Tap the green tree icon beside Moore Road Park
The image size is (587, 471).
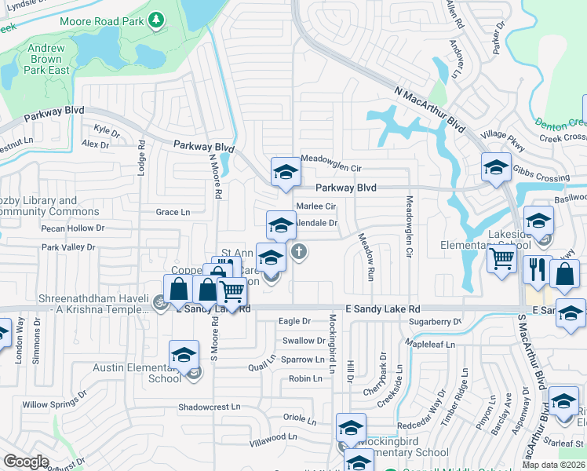[x=156, y=19]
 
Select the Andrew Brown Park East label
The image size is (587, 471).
[x=47, y=59]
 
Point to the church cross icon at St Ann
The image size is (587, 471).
[x=298, y=252]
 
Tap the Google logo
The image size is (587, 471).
[x=26, y=462]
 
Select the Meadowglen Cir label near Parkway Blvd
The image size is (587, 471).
[x=331, y=168]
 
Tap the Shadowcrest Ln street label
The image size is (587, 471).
[x=209, y=407]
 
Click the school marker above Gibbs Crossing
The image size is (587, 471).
[x=495, y=168]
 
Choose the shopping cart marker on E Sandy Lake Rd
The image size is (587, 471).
[x=232, y=292]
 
